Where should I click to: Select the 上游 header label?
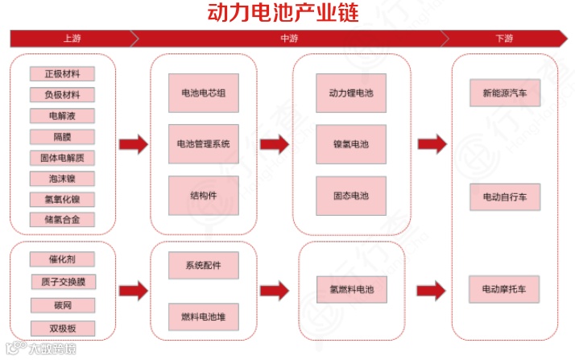pos(71,39)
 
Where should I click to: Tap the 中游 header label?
pos(288,39)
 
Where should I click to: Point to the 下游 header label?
pos(504,39)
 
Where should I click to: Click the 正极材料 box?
pos(62,74)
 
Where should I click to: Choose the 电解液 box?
pos(62,116)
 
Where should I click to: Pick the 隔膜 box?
pos(62,137)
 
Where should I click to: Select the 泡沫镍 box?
pos(62,178)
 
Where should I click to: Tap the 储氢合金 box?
pos(62,219)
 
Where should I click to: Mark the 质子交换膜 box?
pos(62,282)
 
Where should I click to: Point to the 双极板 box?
pos(62,328)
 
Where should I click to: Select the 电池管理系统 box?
pos(203,144)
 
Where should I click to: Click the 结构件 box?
pos(203,196)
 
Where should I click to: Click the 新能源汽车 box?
pos(505,93)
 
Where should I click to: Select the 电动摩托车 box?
pos(505,288)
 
